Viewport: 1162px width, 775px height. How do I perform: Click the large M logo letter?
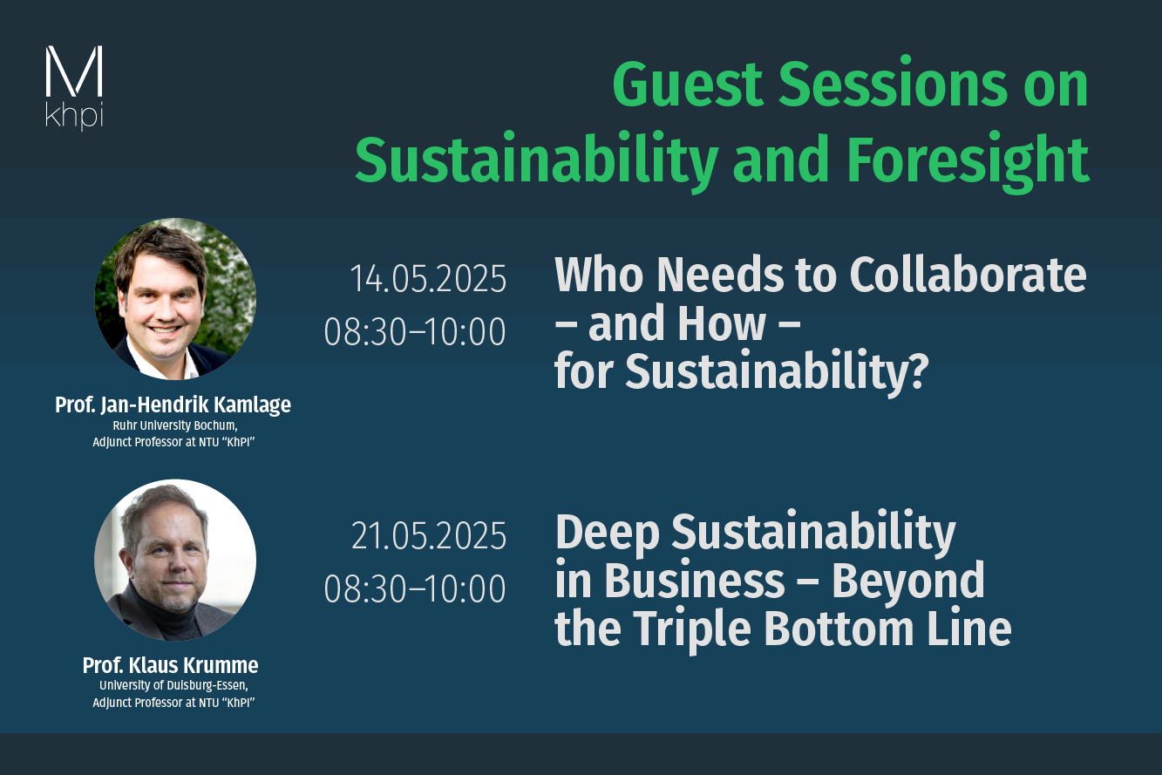(x=74, y=71)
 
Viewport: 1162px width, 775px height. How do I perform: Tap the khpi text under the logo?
(x=74, y=115)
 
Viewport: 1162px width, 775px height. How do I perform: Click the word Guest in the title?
(x=687, y=85)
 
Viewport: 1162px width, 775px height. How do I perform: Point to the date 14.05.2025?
(x=428, y=279)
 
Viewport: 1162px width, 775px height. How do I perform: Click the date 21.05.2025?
(x=429, y=536)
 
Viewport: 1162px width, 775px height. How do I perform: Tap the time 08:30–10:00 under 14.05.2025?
(x=415, y=331)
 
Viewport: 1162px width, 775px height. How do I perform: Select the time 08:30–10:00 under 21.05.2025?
(x=415, y=588)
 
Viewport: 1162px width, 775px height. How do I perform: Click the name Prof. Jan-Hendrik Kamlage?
(x=173, y=404)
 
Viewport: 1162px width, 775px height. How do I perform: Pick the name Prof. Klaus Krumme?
(x=170, y=665)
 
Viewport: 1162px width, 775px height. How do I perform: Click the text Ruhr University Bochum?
(x=175, y=426)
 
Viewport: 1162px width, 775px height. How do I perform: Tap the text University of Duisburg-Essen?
(x=173, y=686)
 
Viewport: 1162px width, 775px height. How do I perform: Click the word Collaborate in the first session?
(x=968, y=275)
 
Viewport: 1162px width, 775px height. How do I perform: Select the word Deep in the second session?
(x=608, y=534)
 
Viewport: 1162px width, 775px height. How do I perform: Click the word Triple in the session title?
(x=695, y=629)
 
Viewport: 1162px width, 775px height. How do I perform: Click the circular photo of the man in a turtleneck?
(x=175, y=561)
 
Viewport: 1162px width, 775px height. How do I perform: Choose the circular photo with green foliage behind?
(x=175, y=299)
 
